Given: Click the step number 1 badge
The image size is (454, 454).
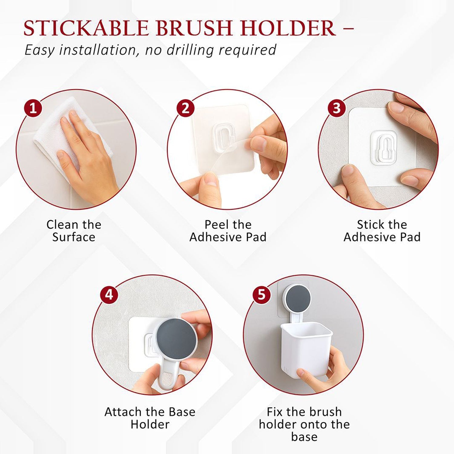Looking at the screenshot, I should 33,108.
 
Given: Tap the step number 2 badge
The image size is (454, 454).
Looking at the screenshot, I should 185,108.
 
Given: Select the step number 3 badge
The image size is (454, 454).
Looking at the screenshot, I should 337,108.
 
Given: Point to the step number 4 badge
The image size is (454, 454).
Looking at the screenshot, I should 109,294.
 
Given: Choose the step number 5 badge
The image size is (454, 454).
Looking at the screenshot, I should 262,294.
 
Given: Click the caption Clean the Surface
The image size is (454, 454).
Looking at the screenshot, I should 74,231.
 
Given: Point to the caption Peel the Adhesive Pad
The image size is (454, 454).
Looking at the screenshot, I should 228,231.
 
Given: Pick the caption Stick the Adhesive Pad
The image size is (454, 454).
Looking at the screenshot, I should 382,231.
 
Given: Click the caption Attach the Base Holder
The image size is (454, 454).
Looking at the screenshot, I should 150,418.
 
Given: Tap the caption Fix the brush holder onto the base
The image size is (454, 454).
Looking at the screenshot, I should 304,424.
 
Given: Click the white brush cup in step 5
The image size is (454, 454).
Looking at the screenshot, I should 306,348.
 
